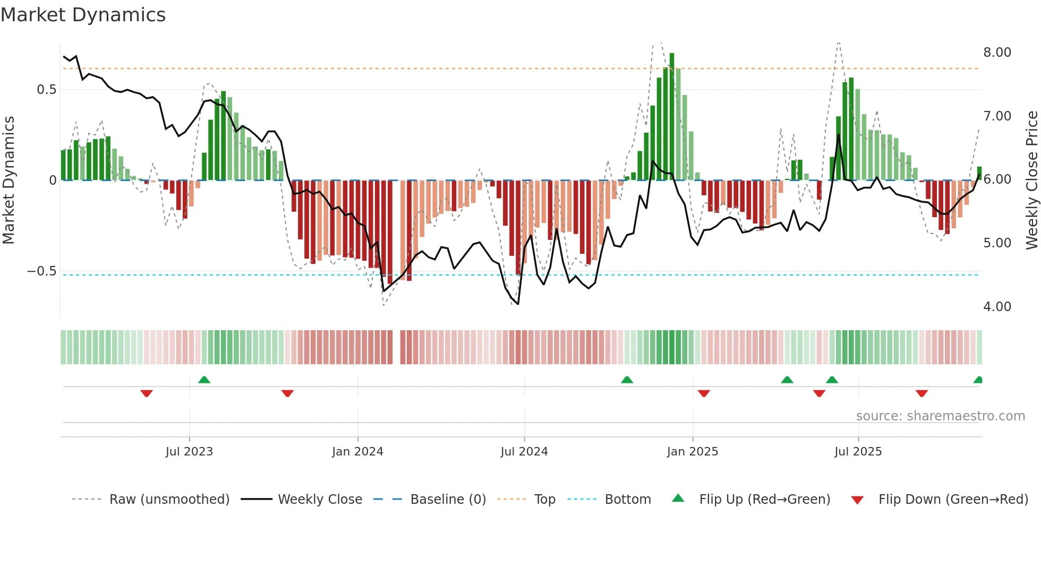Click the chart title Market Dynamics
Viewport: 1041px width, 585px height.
pyautogui.click(x=83, y=15)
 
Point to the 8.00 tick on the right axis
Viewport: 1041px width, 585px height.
pyautogui.click(x=997, y=53)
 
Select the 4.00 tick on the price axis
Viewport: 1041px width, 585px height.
pyautogui.click(x=997, y=307)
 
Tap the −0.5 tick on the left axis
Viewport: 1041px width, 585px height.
pyautogui.click(x=41, y=271)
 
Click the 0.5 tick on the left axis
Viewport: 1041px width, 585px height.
pyautogui.click(x=47, y=90)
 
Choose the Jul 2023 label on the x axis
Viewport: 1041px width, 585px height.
pyautogui.click(x=189, y=452)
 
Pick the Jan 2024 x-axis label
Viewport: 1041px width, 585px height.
pyautogui.click(x=357, y=452)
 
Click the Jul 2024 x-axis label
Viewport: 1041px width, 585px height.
pyautogui.click(x=524, y=452)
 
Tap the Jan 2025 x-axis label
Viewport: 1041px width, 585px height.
pyautogui.click(x=693, y=452)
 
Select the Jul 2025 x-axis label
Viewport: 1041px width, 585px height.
pyautogui.click(x=858, y=452)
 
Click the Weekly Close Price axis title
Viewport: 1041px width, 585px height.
pyautogui.click(x=1031, y=180)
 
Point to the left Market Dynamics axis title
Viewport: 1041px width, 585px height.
pyautogui.click(x=8, y=180)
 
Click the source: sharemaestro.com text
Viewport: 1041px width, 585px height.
pyautogui.click(x=940, y=416)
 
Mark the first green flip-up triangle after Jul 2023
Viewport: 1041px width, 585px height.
pyautogui.click(x=204, y=380)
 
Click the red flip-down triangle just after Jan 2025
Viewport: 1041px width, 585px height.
pyautogui.click(x=704, y=393)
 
